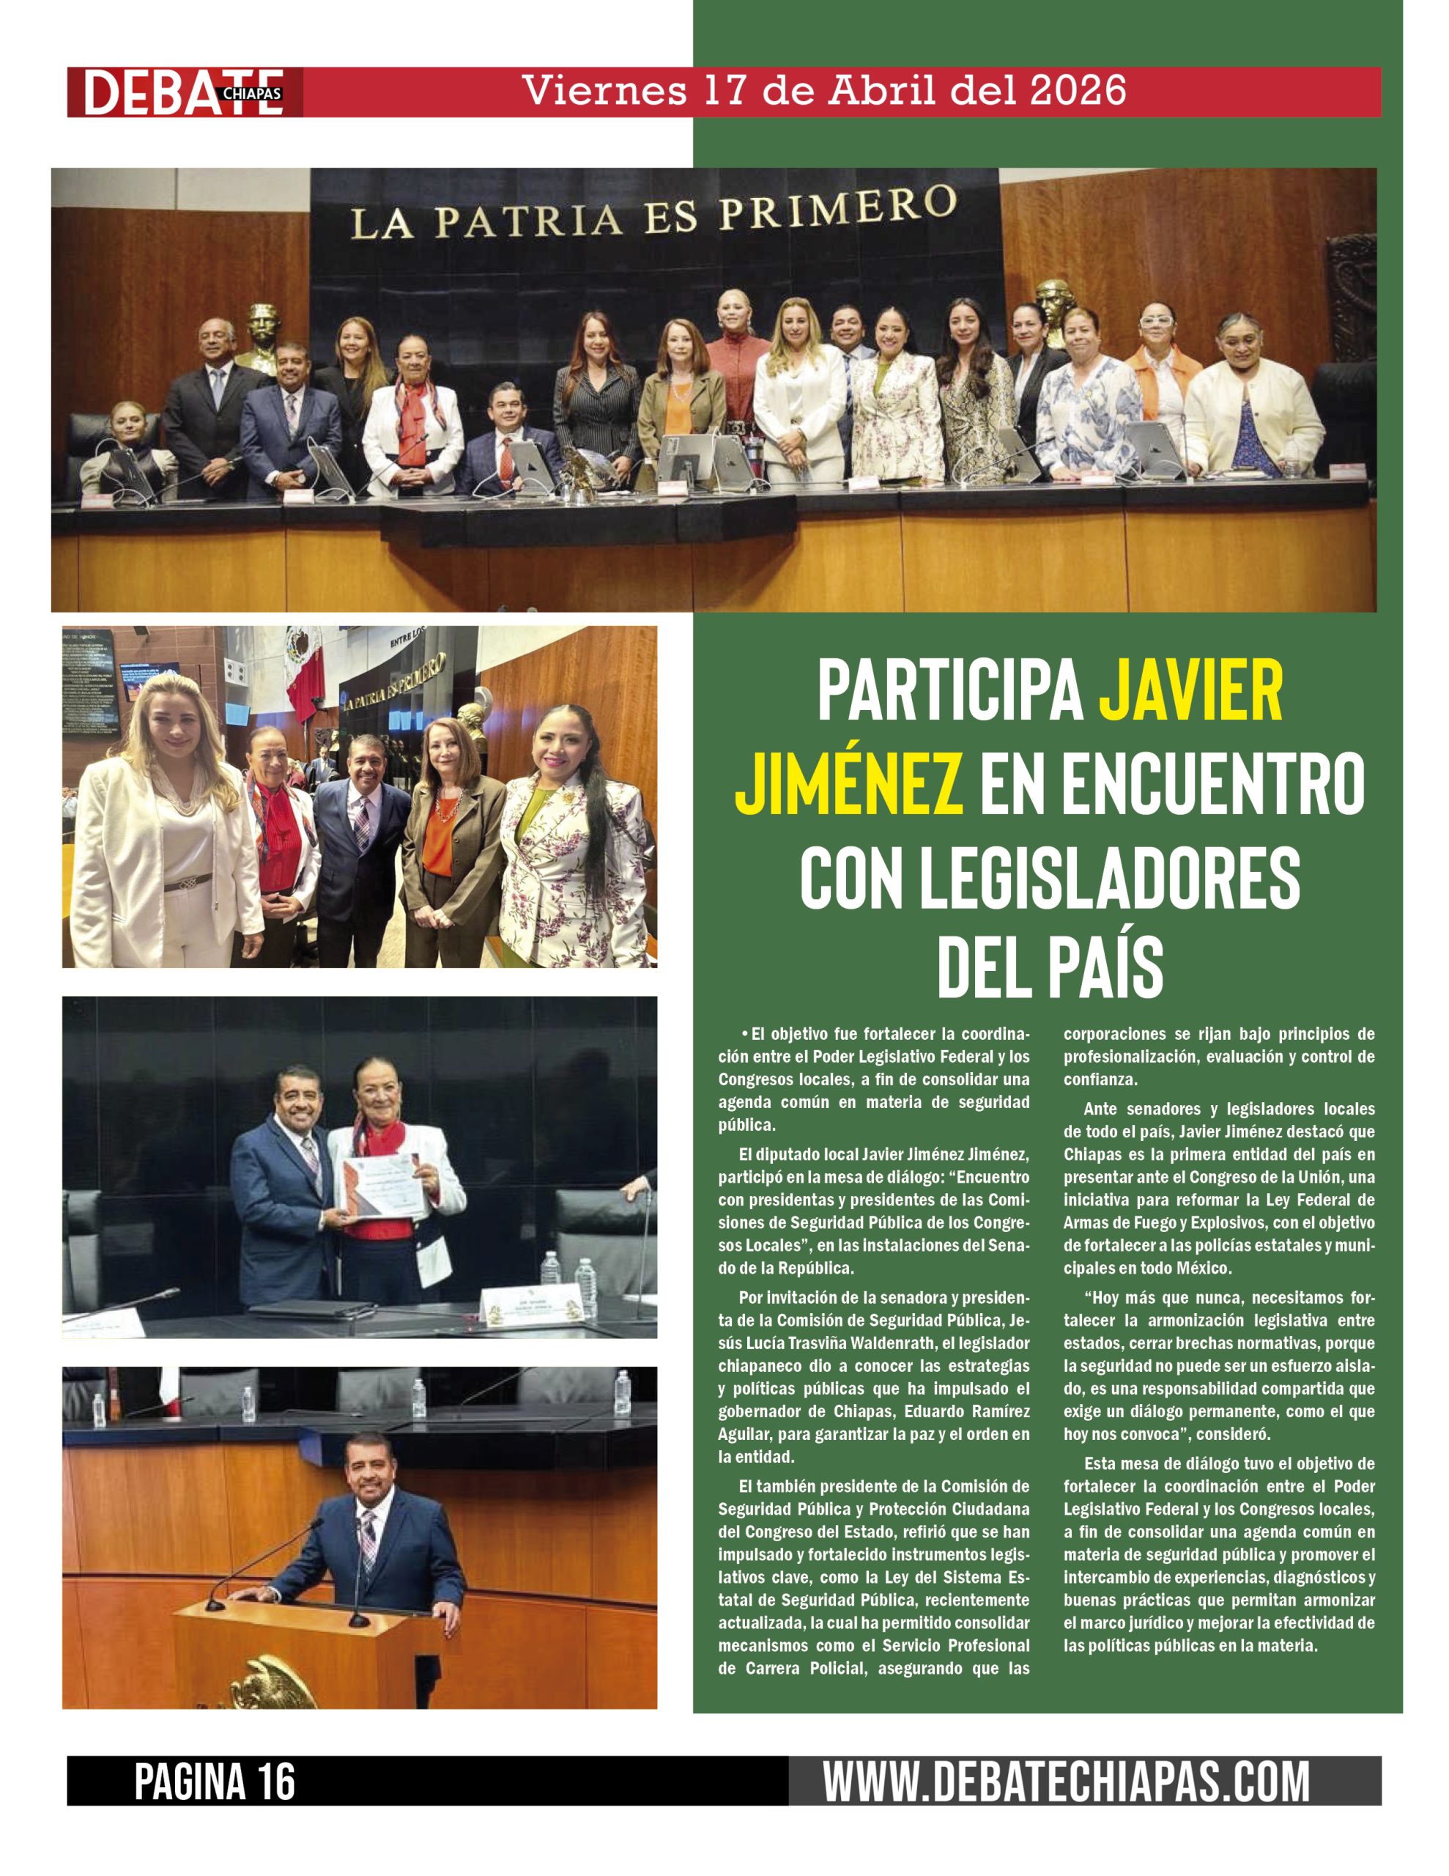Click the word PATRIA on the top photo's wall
pyautogui.click(x=527, y=220)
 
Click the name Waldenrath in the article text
pyautogui.click(x=980, y=1343)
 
